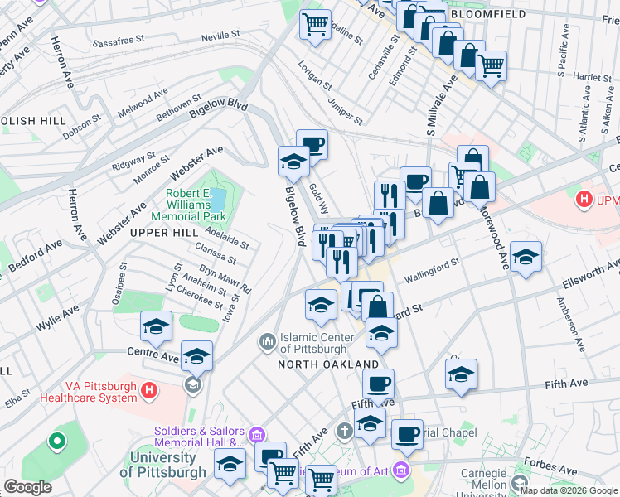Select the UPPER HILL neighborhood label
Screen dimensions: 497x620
[x=163, y=233]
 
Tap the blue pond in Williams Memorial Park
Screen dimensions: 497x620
[x=218, y=199]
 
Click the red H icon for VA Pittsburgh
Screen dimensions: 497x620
[x=149, y=389]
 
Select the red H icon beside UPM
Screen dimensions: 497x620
[x=584, y=200]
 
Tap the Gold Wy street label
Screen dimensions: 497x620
[x=318, y=199]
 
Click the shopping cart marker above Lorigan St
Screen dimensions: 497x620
[x=315, y=26]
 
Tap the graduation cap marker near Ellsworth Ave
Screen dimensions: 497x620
[x=526, y=257]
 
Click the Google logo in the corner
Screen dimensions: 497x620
[x=27, y=487]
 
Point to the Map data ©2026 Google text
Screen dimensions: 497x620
[x=568, y=490]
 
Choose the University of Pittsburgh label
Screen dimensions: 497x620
[x=163, y=464]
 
